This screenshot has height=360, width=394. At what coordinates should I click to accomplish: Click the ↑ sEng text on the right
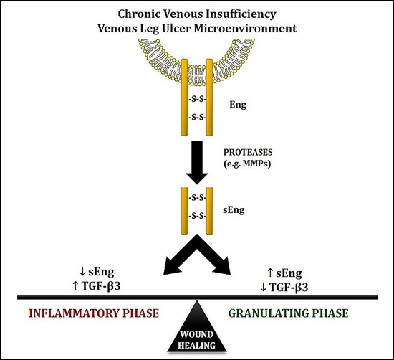[291, 273]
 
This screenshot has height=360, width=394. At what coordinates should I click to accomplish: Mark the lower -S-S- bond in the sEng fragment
[196, 215]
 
